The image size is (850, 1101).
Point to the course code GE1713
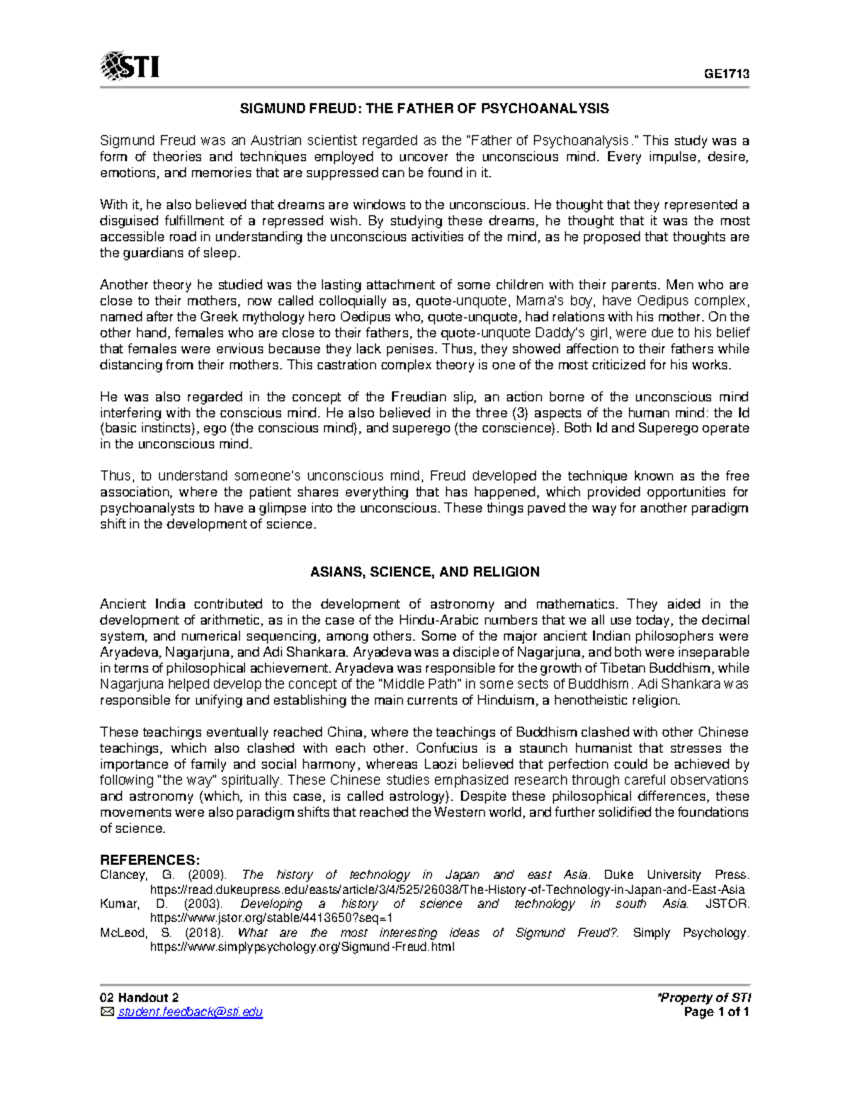click(x=726, y=74)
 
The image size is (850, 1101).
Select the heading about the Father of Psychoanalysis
click(x=424, y=108)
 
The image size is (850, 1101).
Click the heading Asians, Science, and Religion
click(x=425, y=571)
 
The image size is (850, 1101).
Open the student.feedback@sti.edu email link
click(x=191, y=1012)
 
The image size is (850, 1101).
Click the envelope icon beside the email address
click(x=106, y=1012)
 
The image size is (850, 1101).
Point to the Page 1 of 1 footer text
click(x=716, y=1012)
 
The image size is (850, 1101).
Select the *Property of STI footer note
click(x=704, y=997)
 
